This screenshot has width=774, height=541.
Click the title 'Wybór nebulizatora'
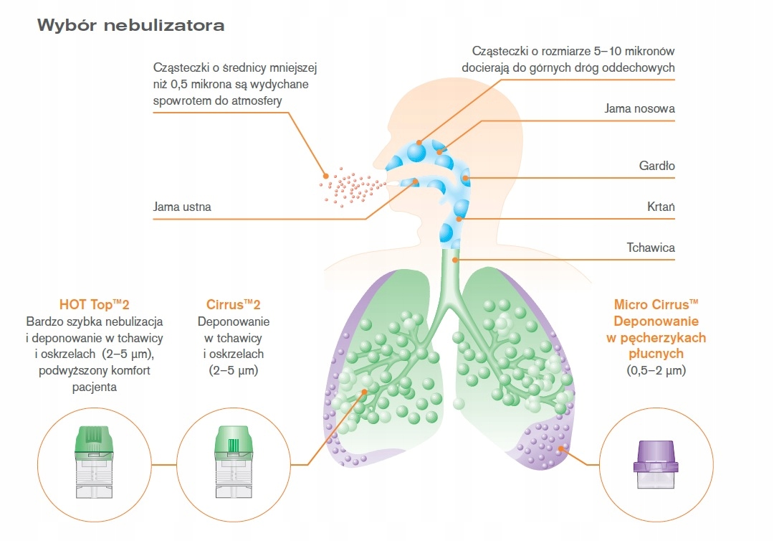[130, 26]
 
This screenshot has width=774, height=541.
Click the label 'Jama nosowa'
[639, 109]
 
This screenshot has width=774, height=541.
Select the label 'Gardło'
[656, 166]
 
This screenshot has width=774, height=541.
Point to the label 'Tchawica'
[651, 248]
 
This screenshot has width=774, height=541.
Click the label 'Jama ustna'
[182, 207]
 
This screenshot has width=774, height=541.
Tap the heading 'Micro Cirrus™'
[655, 304]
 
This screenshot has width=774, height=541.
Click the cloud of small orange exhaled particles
[349, 187]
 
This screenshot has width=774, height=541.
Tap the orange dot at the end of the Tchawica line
[454, 258]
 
